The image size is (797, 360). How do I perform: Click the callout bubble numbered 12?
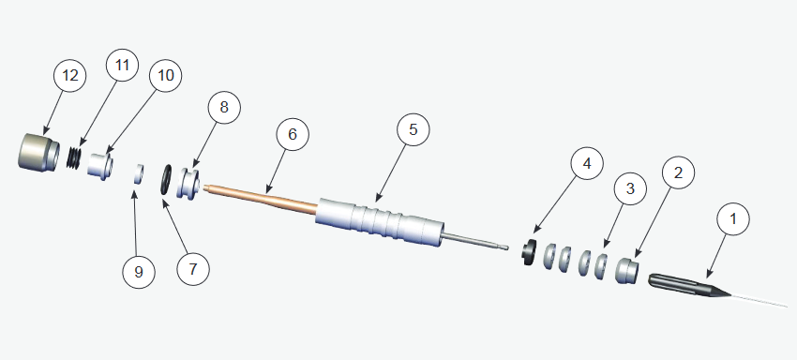tap(70, 76)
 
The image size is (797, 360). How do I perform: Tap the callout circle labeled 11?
tap(122, 65)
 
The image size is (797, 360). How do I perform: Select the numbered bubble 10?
tap(166, 75)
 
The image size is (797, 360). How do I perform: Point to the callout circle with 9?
tap(139, 272)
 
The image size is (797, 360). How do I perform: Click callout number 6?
tap(293, 134)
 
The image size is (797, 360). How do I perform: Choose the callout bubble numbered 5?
tap(413, 129)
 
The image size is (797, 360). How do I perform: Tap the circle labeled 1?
tap(733, 219)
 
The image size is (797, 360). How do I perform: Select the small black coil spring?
tap(75, 157)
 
